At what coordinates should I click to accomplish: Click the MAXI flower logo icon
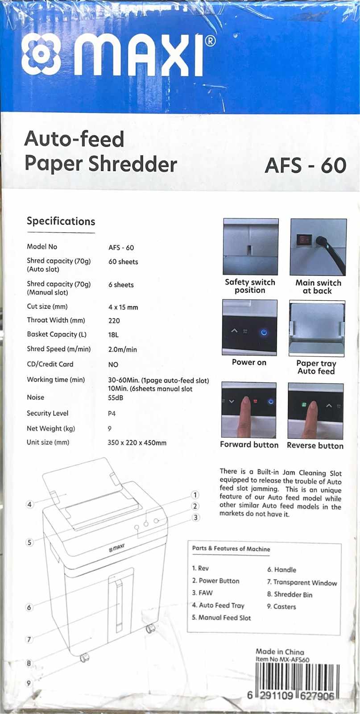[x=41, y=55]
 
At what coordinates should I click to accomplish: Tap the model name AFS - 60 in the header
[x=305, y=166]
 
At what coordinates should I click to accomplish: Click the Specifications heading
[x=61, y=221]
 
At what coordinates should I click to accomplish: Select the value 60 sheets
[x=123, y=262]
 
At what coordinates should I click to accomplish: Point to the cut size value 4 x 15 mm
[x=123, y=307]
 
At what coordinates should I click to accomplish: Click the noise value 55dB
[x=116, y=398]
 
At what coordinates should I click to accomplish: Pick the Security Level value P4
[x=112, y=414]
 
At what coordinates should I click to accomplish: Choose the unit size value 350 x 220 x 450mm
[x=137, y=443]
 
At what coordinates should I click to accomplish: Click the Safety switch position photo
[x=250, y=246]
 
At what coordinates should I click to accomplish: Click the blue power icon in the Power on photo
[x=264, y=332]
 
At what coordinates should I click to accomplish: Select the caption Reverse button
[x=315, y=446]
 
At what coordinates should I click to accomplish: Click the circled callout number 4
[x=30, y=505]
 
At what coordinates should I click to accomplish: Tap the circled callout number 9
[x=29, y=683]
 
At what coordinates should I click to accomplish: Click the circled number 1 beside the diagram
[x=194, y=494]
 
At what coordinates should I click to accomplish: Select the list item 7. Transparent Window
[x=302, y=582]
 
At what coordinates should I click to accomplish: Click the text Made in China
[x=280, y=652]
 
